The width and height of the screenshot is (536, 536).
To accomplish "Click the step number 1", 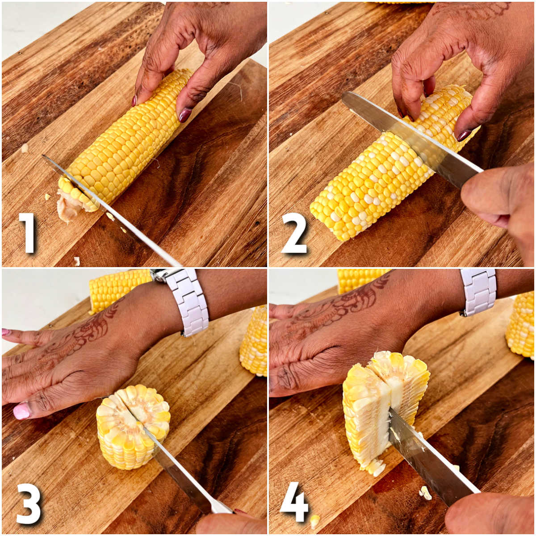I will click(28, 232).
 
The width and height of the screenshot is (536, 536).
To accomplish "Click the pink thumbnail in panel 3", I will click(21, 410).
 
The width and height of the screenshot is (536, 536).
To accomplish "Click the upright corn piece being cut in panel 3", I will click(133, 427).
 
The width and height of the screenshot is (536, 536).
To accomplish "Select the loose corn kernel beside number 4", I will click(314, 520).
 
